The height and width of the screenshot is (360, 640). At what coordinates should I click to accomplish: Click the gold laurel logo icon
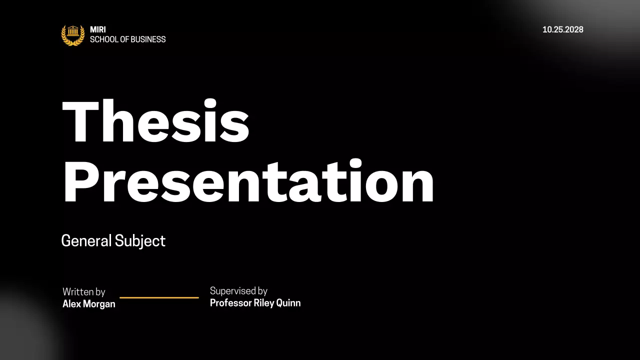pos(73,34)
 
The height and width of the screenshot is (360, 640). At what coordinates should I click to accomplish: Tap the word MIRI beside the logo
pos(98,30)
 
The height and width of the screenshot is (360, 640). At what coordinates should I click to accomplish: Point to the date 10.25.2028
pos(563,29)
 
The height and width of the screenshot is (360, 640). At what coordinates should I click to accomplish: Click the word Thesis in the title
pos(155,121)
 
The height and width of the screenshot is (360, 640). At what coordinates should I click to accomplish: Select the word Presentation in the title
pos(248,182)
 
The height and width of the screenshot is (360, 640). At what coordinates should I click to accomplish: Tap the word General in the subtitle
pos(86,241)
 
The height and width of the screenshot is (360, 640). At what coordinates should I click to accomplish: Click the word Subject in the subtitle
pos(140,241)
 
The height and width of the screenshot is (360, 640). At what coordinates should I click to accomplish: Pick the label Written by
pos(83,292)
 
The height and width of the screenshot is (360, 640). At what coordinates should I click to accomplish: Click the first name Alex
pos(71,304)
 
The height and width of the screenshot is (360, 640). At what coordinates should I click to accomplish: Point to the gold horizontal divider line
pos(159,297)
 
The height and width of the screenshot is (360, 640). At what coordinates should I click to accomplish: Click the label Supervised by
pos(238,291)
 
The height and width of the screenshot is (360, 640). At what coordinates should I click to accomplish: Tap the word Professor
pos(230,303)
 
